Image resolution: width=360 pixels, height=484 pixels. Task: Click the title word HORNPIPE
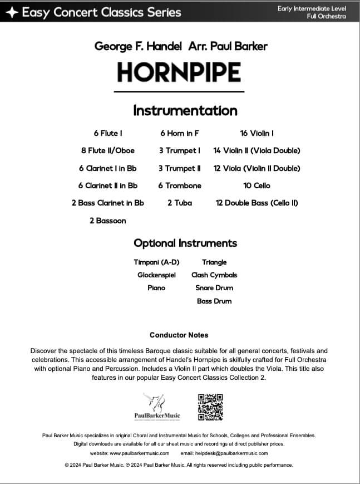click(179, 73)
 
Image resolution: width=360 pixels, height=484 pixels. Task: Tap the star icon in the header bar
click(12, 12)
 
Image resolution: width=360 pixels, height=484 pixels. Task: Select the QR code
click(210, 407)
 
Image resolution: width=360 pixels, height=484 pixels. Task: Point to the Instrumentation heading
click(185, 110)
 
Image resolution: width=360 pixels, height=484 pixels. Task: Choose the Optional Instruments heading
click(185, 243)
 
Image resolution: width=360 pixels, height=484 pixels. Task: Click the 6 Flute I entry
click(108, 133)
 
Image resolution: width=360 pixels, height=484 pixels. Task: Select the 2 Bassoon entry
click(108, 221)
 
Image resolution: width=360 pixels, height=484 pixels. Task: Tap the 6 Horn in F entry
click(179, 133)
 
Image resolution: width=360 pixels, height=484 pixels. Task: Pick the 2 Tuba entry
click(179, 203)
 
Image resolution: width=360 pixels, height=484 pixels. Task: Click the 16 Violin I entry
click(257, 133)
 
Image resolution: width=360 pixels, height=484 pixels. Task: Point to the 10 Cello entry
click(257, 185)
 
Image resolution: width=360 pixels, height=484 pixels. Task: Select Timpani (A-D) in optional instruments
click(156, 262)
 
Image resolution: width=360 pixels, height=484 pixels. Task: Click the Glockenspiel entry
click(156, 275)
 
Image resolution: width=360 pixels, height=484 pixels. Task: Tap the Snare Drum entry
click(214, 288)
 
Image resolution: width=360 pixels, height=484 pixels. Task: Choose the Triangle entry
click(214, 262)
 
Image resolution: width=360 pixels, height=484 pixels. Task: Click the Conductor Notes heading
click(179, 335)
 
